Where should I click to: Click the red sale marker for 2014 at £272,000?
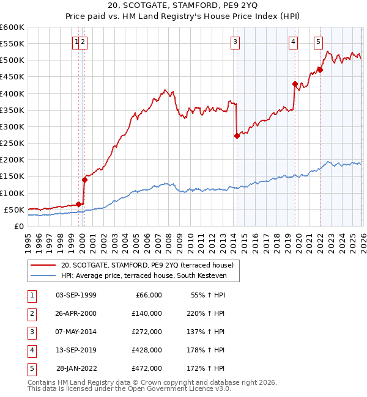pyautogui.click(x=237, y=136)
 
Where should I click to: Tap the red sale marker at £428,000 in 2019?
pyautogui.click(x=295, y=84)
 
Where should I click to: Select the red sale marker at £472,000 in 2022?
pyautogui.click(x=320, y=70)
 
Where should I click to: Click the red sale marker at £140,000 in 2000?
pyautogui.click(x=84, y=180)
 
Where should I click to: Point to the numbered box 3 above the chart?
pyautogui.click(x=235, y=42)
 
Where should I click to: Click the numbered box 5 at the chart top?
pyautogui.click(x=319, y=42)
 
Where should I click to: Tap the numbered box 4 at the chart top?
pyautogui.click(x=294, y=42)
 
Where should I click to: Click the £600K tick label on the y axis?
pyautogui.click(x=12, y=27)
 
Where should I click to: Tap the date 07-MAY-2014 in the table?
pyautogui.click(x=76, y=332)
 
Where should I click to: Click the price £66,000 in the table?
pyautogui.click(x=149, y=295)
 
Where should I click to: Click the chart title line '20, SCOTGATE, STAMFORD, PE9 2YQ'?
pyautogui.click(x=183, y=7)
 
